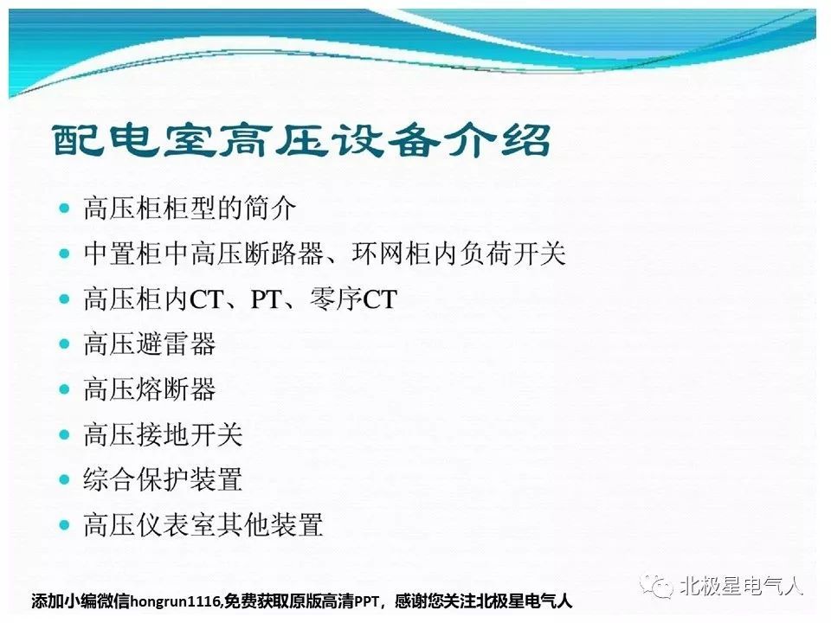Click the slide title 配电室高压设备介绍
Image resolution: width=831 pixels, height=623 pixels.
(301, 140)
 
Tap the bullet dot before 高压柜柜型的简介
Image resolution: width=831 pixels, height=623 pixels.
(65, 209)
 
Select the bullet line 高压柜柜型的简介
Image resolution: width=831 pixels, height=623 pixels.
(190, 208)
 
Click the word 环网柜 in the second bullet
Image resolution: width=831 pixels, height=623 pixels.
(391, 254)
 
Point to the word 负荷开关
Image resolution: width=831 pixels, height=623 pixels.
(512, 254)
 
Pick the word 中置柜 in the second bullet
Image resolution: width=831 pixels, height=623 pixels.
(124, 254)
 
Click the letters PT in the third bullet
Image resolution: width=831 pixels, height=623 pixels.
(266, 299)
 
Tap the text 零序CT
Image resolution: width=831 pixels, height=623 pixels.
(353, 299)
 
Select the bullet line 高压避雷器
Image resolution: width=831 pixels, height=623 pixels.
(150, 344)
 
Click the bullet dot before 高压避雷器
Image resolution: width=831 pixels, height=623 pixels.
(65, 344)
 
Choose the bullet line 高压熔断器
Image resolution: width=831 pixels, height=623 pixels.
(150, 389)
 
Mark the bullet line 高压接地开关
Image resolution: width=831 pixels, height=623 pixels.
(163, 434)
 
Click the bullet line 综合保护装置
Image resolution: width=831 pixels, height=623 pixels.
(163, 479)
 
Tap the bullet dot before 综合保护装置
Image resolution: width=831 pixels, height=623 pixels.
(65, 480)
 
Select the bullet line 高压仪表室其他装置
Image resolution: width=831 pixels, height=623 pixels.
(203, 524)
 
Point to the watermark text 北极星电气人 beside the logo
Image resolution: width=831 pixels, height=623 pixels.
(742, 586)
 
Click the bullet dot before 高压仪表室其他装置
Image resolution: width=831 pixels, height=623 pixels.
(65, 525)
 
